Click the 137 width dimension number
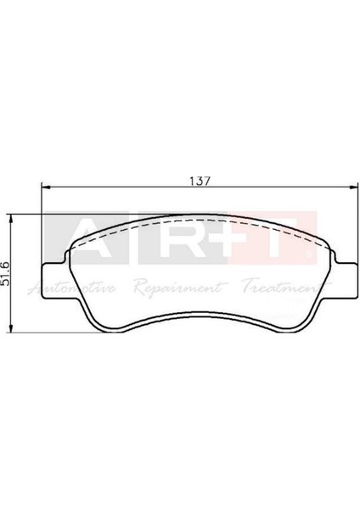198,181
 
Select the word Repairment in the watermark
179,288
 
